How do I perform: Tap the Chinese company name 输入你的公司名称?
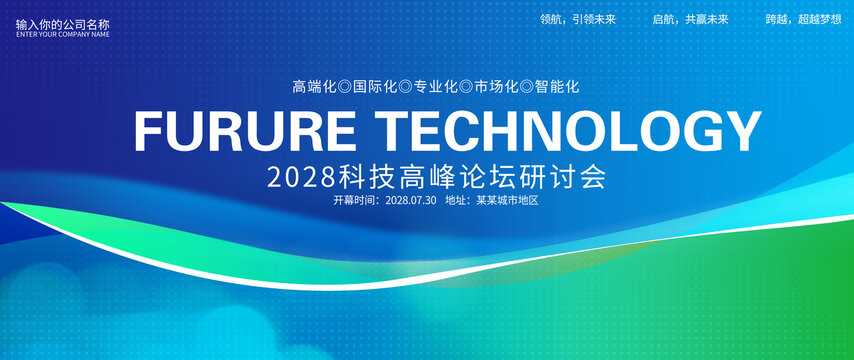63,25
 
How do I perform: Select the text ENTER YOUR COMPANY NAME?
63,34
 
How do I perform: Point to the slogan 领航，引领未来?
578,20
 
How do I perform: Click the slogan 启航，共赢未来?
691,20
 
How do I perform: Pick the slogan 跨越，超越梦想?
803,20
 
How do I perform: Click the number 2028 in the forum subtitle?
301,178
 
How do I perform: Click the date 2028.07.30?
411,200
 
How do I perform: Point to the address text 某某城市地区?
508,200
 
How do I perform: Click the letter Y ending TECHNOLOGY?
741,131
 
